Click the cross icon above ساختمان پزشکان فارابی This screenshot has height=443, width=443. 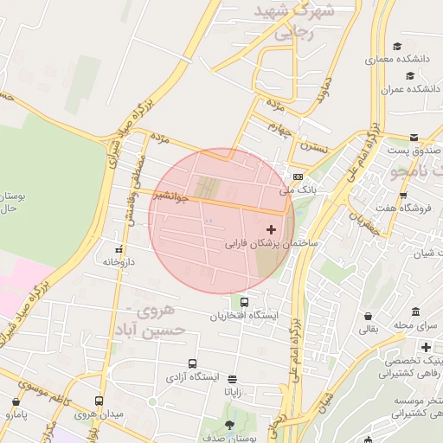tap(272, 229)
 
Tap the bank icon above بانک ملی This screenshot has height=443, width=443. tap(298, 176)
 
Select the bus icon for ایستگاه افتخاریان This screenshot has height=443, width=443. tap(246, 303)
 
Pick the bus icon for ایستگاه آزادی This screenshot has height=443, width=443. tap(191, 364)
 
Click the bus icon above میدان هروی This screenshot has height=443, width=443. tap(100, 401)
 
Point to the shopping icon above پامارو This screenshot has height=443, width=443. tap(15, 402)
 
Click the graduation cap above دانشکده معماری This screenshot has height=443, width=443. tap(397, 47)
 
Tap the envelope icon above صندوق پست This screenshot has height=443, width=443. tap(414, 138)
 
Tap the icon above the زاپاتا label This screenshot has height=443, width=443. tap(232, 378)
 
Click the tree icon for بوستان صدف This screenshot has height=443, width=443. tap(228, 425)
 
